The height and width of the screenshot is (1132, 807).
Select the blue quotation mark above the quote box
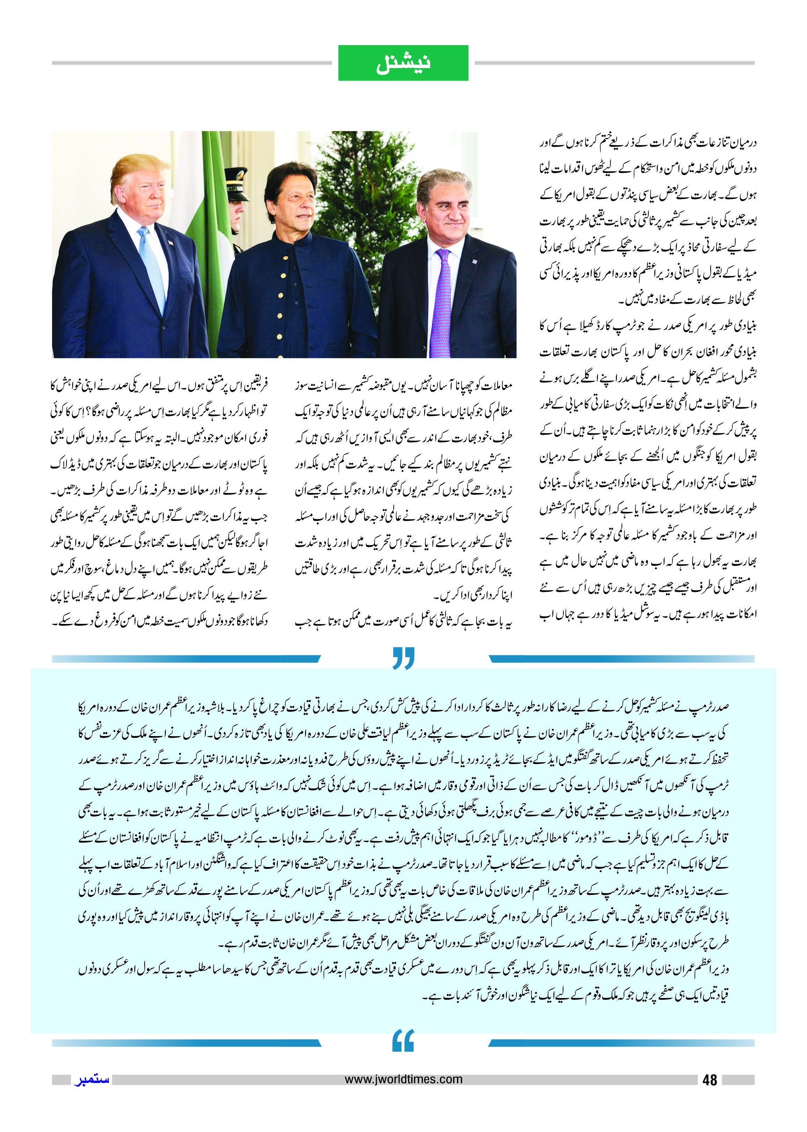pyautogui.click(x=403, y=658)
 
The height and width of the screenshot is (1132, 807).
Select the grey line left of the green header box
pyautogui.click(x=191, y=63)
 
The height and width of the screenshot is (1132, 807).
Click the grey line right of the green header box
pyautogui.click(x=614, y=63)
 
